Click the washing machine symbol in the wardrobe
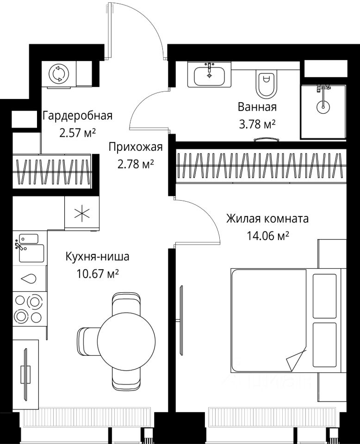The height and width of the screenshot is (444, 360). pos(59,74)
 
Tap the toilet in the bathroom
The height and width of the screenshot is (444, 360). pos(266,83)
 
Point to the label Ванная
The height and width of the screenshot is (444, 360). pos(257,107)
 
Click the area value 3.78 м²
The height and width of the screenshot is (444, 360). pos(257,124)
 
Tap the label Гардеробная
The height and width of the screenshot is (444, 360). pos(77,116)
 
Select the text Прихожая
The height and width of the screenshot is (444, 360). pos(136,147)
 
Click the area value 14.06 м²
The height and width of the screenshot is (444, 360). pos(267,235)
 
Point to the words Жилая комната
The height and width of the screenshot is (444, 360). pos(267,219)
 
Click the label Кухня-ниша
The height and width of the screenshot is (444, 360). pos(98,257)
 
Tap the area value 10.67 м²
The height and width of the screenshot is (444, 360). pos(98,273)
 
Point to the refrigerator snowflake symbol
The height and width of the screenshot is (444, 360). pos(82,213)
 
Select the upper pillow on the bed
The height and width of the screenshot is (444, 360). pos(324,296)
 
